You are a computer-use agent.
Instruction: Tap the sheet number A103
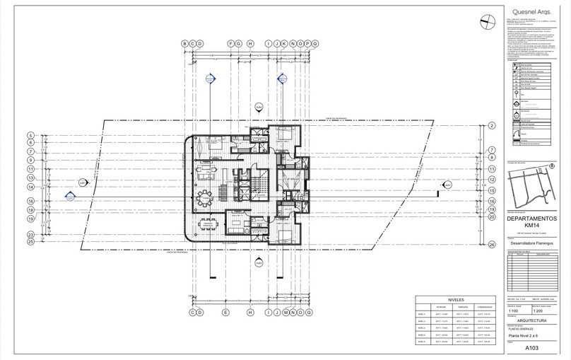click(x=533, y=348)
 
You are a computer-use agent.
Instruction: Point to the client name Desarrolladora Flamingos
click(x=532, y=243)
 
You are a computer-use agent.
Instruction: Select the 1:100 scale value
click(x=514, y=310)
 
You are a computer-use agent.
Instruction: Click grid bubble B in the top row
click(x=185, y=44)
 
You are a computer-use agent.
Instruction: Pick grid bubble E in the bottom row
click(x=225, y=312)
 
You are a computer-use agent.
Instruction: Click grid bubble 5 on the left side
click(x=31, y=134)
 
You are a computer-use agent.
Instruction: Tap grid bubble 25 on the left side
click(x=31, y=241)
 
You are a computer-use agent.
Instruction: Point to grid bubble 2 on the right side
click(x=490, y=127)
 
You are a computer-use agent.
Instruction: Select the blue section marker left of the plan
click(x=70, y=197)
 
